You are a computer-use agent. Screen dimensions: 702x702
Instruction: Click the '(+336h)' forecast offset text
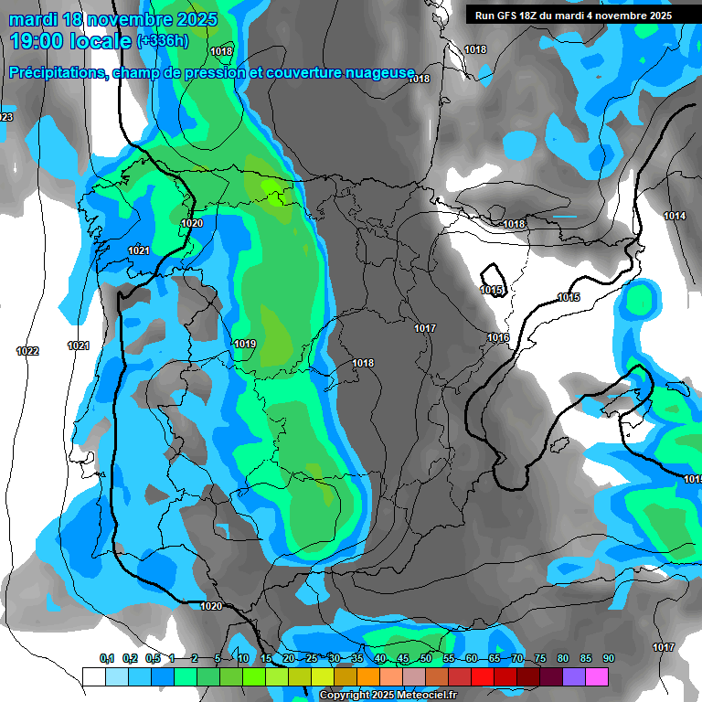[163, 41]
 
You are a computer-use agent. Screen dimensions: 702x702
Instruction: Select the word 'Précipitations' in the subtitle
[56, 73]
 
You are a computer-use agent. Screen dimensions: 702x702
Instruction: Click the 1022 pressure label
[27, 351]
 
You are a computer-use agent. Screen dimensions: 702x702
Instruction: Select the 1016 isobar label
[497, 338]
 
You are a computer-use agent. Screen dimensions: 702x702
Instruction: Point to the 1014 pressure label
[675, 216]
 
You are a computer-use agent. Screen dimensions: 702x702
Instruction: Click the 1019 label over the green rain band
[245, 344]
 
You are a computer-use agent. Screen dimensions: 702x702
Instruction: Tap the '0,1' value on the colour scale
[107, 659]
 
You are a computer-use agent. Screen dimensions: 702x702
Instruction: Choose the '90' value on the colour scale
[609, 659]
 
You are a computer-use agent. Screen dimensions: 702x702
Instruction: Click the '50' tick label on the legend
[426, 659]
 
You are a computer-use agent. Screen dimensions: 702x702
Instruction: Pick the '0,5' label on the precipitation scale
[153, 659]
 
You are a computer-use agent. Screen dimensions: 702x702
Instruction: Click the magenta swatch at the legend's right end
[597, 676]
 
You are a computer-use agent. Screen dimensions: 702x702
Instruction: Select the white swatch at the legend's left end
[93, 676]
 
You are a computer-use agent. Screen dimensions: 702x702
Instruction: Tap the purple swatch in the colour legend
[574, 676]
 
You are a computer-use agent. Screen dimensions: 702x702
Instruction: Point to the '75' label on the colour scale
[540, 659]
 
